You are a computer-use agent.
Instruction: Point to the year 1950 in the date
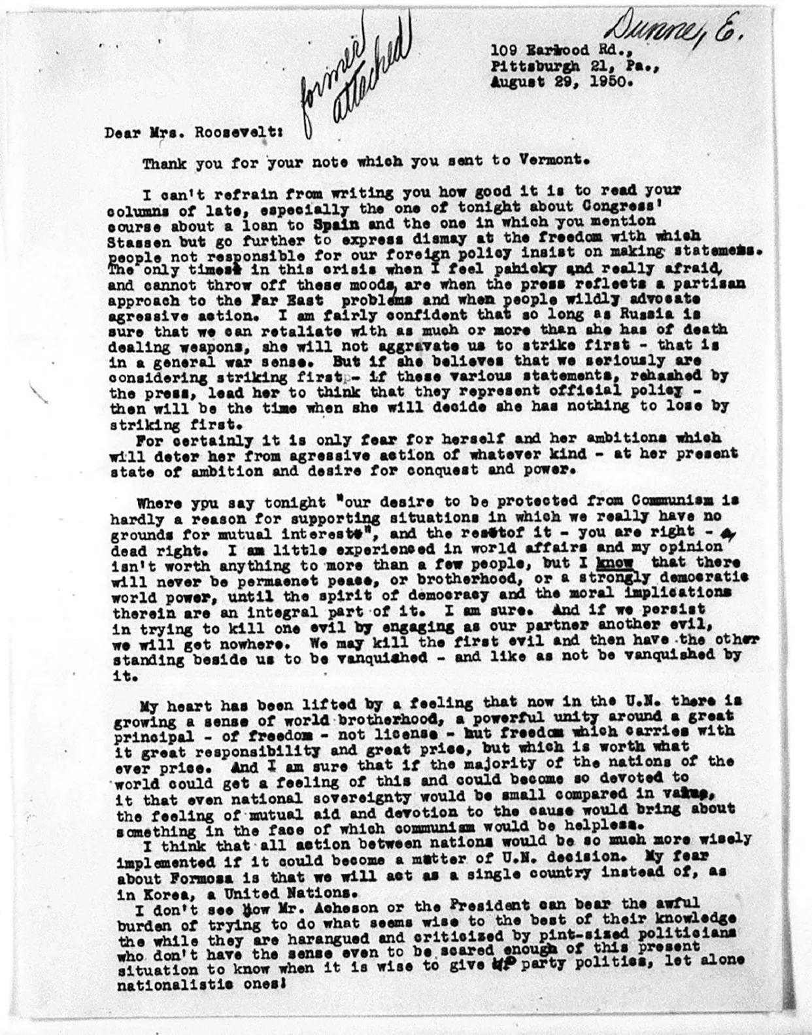[x=602, y=83]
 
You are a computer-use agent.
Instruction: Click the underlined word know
[x=613, y=562]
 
